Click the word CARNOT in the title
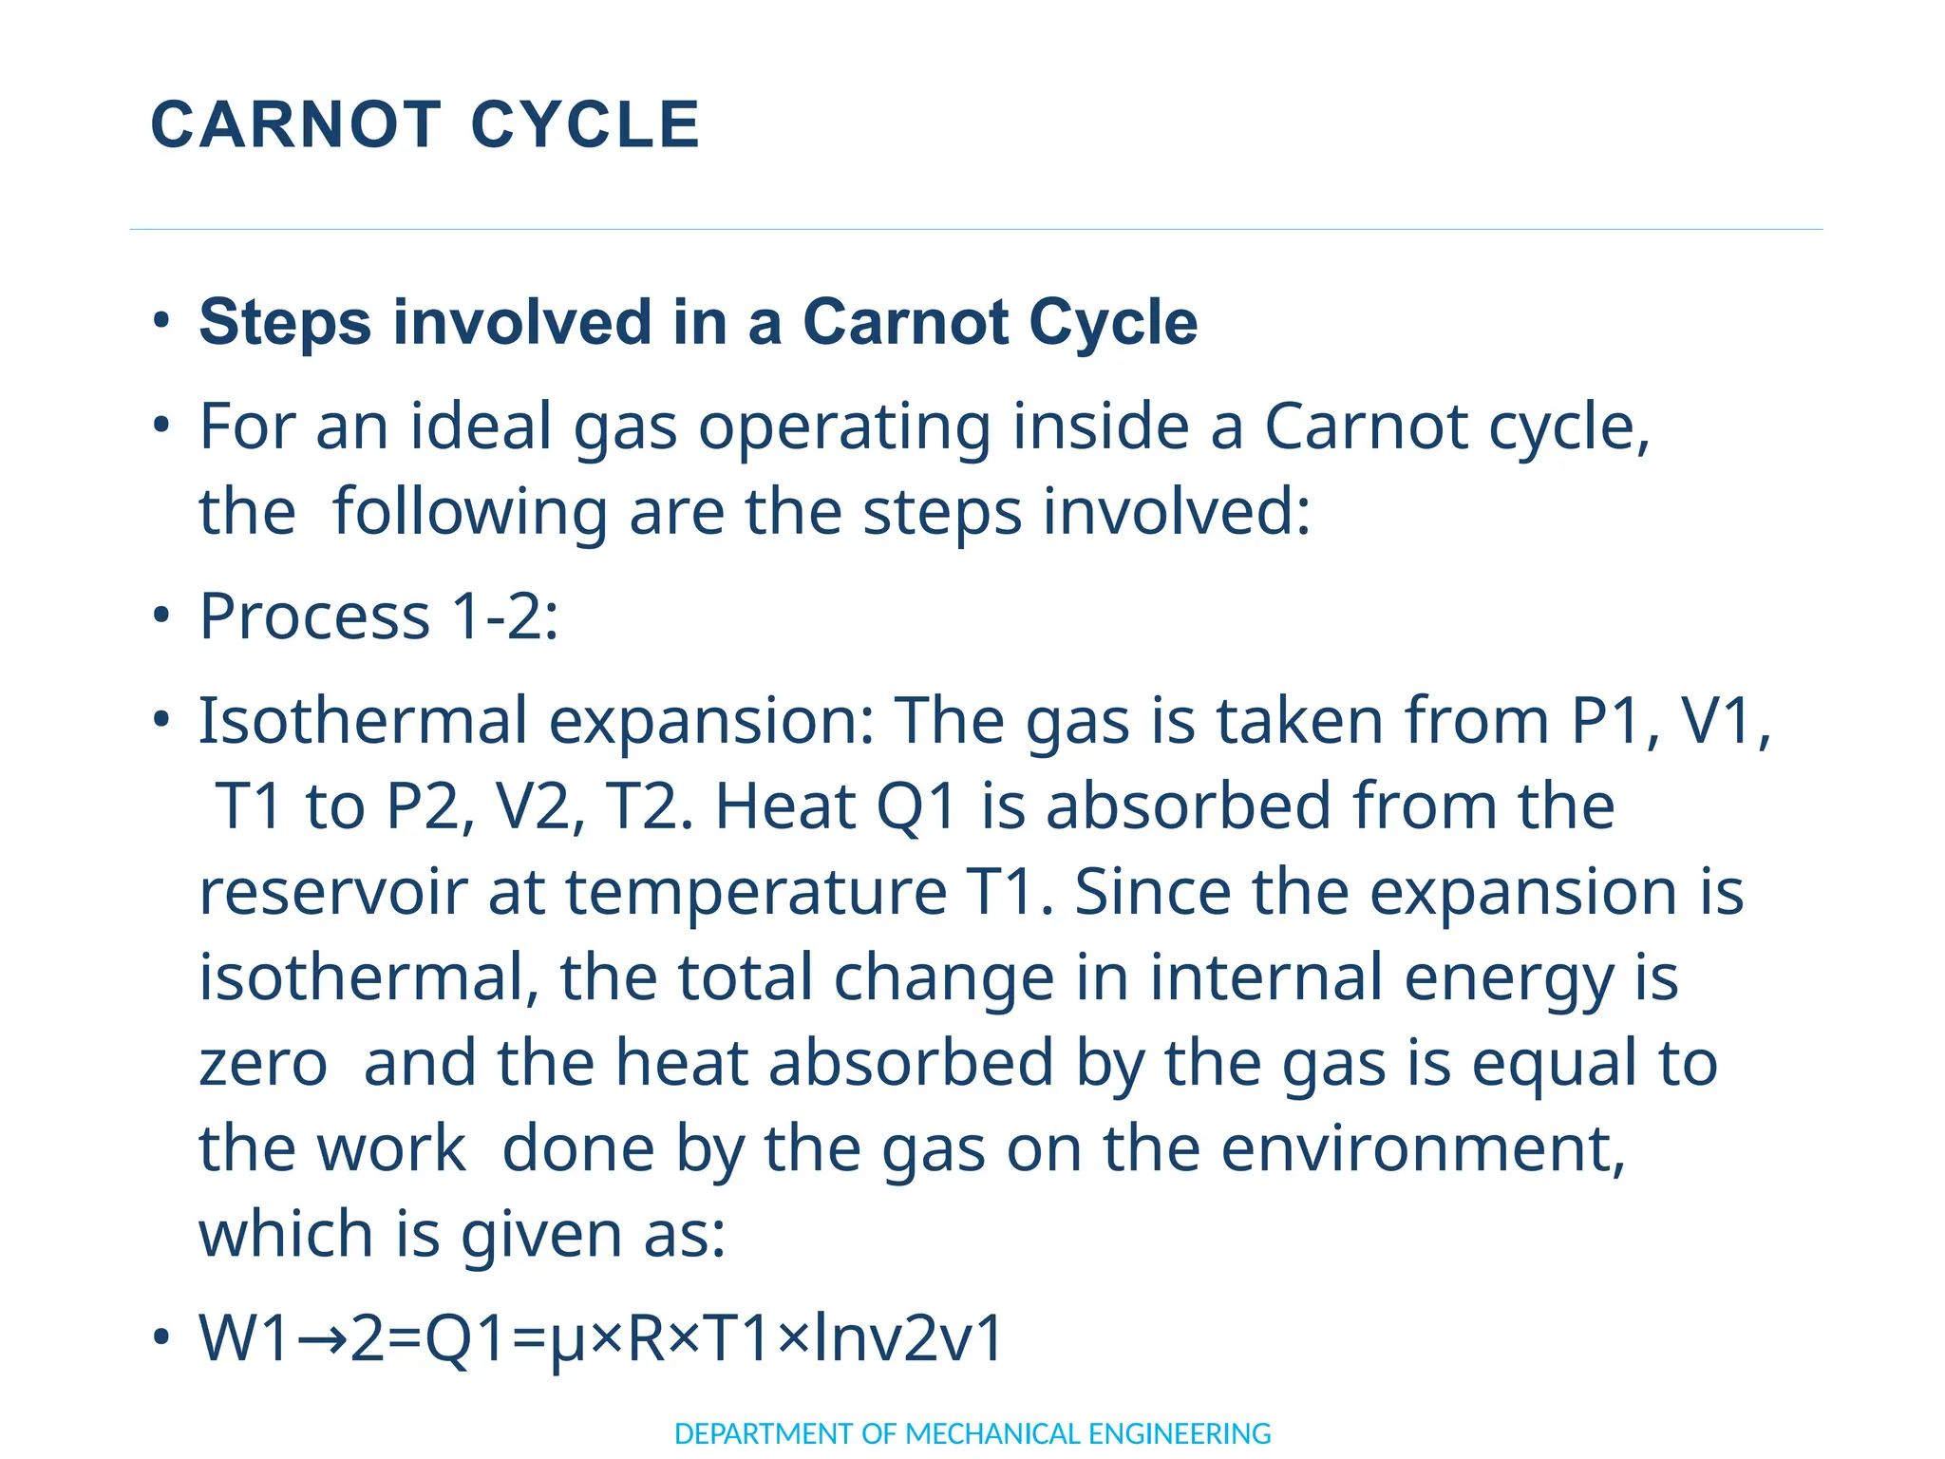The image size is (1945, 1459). coord(295,124)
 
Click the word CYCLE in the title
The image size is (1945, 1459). coord(585,124)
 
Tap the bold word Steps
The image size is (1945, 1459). coord(284,323)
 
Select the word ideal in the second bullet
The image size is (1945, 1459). coord(481,426)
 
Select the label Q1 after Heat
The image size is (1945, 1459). coord(916,807)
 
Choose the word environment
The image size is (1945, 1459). coord(1422,1149)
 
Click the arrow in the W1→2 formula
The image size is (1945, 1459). coord(322,1339)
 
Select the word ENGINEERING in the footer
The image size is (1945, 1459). coord(1179,1433)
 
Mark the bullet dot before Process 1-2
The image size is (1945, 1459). coord(161,616)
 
